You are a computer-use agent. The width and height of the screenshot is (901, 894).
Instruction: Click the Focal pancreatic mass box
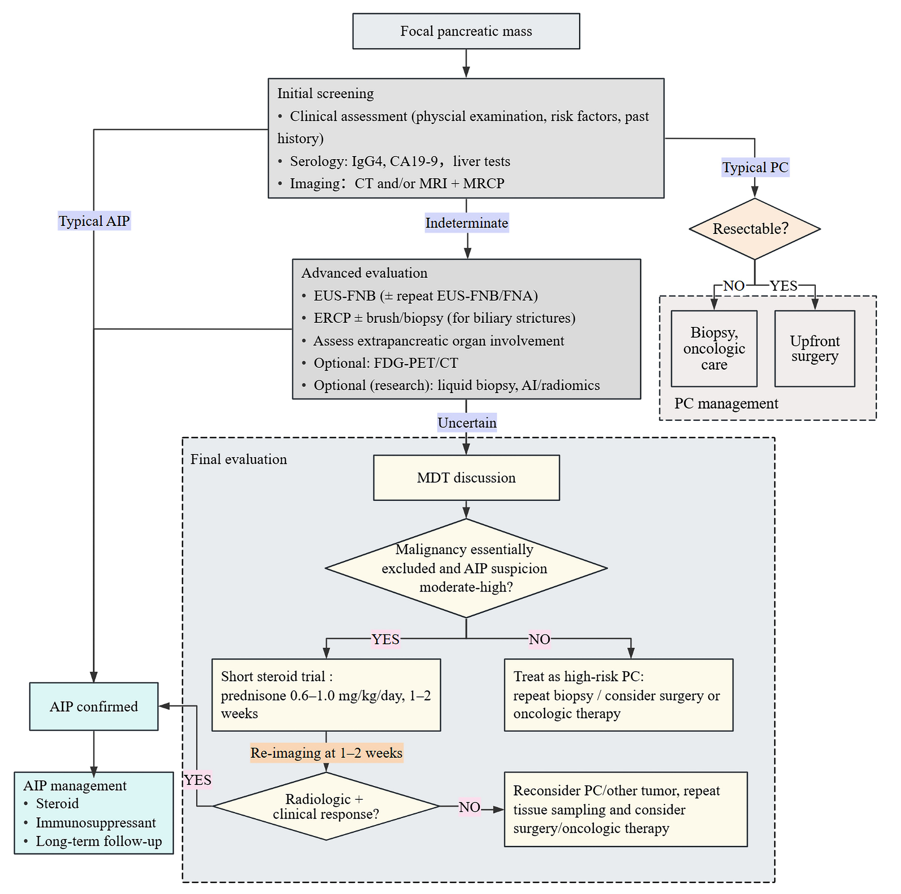tap(466, 31)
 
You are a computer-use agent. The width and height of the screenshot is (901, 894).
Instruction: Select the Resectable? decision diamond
tap(754, 229)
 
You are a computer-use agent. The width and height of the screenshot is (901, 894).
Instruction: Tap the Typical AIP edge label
tap(94, 221)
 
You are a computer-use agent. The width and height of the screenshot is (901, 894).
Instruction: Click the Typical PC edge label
tap(755, 167)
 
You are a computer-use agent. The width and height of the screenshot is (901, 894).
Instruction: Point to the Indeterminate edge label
tap(466, 223)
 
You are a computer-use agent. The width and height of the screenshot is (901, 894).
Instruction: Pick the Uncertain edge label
tap(467, 423)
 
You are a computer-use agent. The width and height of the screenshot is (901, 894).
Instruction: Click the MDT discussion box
tap(466, 478)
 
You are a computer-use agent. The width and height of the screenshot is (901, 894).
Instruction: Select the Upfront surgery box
tap(814, 348)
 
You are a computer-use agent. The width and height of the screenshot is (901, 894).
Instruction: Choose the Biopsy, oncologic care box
tap(714, 348)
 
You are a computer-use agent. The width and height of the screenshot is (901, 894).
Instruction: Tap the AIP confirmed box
tap(94, 706)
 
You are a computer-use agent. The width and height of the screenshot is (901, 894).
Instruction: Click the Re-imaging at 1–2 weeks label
tap(326, 752)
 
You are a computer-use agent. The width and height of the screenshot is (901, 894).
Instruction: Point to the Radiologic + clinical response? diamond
tap(326, 806)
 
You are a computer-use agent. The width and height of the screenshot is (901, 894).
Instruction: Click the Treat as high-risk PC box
tap(618, 695)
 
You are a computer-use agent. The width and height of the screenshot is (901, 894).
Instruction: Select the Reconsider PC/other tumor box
tap(625, 809)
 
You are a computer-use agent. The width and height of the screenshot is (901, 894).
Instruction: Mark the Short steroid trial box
tap(326, 695)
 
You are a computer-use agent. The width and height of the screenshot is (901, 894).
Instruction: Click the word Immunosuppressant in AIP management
tap(96, 823)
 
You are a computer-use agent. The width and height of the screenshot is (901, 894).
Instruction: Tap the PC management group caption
tap(726, 403)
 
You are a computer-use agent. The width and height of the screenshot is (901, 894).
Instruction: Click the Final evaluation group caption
tap(238, 459)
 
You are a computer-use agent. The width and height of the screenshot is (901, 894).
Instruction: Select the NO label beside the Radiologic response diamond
tap(469, 807)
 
